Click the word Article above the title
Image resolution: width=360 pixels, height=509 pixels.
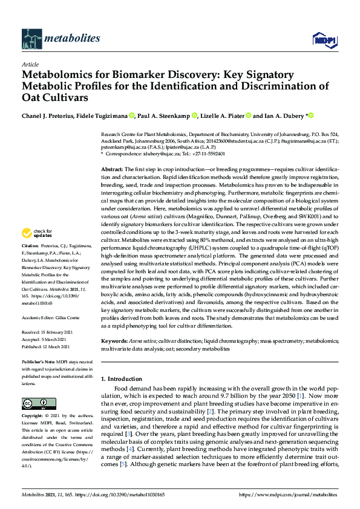[x=30, y=64]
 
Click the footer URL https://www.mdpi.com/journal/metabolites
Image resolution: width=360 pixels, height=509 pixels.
[x=289, y=494]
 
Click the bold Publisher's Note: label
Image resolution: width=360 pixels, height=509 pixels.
[x=39, y=361]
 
